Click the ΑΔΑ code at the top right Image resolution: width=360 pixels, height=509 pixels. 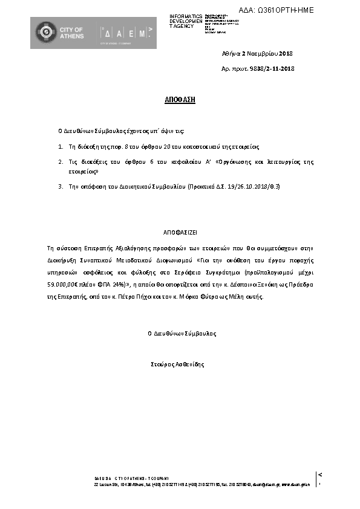(x=277, y=11)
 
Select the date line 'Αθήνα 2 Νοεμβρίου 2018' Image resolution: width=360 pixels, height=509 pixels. (x=258, y=54)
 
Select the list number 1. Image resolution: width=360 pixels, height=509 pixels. (x=61, y=146)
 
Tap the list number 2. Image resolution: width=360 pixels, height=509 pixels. (x=61, y=162)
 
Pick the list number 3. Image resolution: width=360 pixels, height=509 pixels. (x=61, y=187)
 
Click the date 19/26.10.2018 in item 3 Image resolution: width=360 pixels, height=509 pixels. (x=243, y=187)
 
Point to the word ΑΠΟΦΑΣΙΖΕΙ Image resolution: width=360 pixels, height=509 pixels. (x=180, y=232)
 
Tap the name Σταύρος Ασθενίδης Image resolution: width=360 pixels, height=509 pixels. (x=178, y=365)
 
